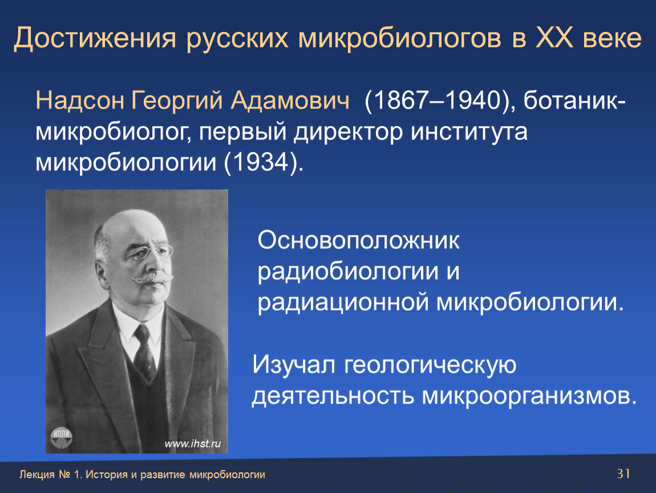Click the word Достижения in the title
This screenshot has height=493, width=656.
95,38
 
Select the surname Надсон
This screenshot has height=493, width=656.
80,101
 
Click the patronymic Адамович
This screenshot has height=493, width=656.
290,102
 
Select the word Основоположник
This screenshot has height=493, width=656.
359,241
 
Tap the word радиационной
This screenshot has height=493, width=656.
343,303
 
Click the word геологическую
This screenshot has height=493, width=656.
430,365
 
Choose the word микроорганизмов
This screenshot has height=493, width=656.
529,397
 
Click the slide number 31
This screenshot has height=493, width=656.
623,474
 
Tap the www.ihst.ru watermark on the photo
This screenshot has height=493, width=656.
192,443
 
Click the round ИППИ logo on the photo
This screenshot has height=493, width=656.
62,438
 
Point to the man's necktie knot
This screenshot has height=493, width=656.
142,333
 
